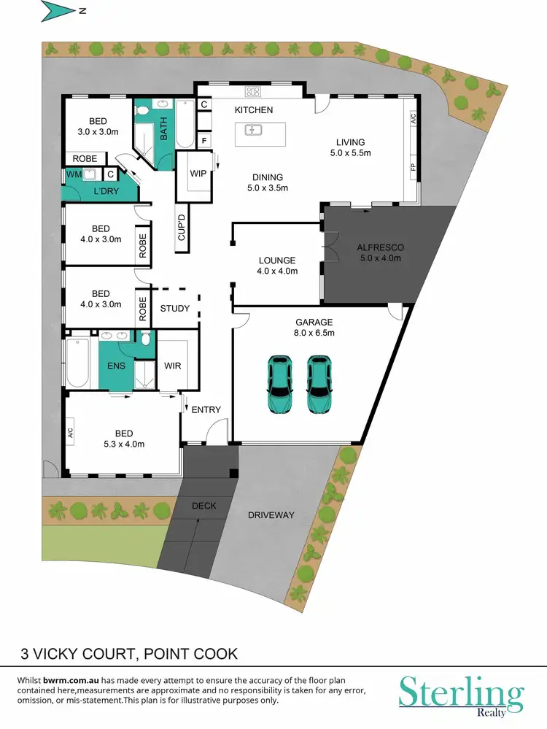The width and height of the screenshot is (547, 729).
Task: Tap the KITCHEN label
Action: (x=253, y=110)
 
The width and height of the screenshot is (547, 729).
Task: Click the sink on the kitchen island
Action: (x=254, y=131)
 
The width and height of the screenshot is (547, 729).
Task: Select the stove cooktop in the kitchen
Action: (x=254, y=91)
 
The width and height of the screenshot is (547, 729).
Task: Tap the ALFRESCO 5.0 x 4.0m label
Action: (x=381, y=252)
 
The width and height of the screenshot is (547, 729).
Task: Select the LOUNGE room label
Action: (x=277, y=265)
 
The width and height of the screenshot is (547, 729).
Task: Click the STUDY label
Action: (x=174, y=309)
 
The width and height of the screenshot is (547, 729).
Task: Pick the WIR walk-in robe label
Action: (x=173, y=366)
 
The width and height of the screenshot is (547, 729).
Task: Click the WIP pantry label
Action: (x=198, y=174)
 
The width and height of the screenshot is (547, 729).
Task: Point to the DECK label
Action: (x=203, y=506)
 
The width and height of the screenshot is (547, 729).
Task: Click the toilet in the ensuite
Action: (x=146, y=338)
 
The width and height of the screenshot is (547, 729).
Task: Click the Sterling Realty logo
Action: (x=461, y=693)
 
